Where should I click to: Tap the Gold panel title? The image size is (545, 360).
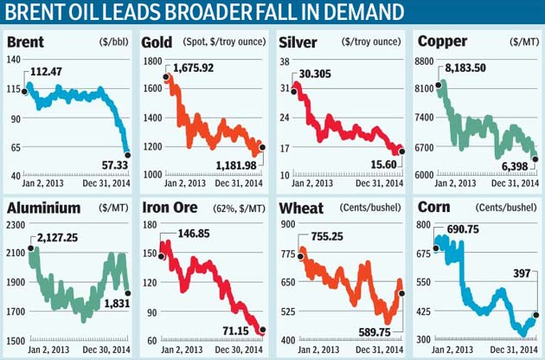pyautogui.click(x=160, y=42)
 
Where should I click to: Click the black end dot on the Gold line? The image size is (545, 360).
pyautogui.click(x=262, y=147)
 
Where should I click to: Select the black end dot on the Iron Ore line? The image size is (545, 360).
pyautogui.click(x=262, y=330)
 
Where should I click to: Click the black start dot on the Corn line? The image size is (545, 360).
pyautogui.click(x=435, y=248)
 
